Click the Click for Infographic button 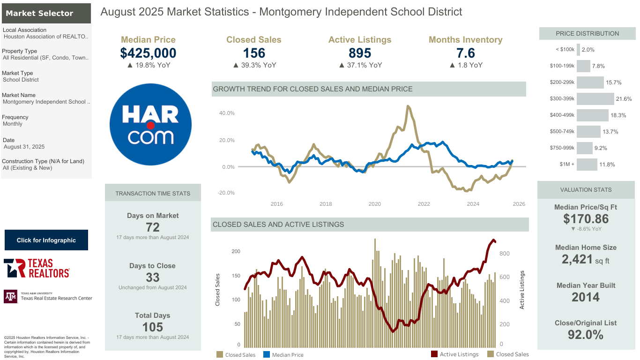click(x=46, y=240)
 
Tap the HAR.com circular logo click(x=150, y=124)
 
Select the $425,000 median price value click(x=148, y=53)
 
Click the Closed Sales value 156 click(x=254, y=53)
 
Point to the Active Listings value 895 click(x=360, y=53)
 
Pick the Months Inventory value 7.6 click(x=465, y=53)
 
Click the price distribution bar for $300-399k click(x=595, y=98)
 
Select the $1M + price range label click(x=567, y=164)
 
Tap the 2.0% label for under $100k click(x=588, y=50)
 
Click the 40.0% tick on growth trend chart click(x=227, y=113)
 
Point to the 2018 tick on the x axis click(x=326, y=204)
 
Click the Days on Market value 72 click(x=153, y=227)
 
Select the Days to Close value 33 click(x=153, y=277)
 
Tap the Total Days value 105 click(x=153, y=327)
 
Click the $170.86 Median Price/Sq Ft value click(x=586, y=219)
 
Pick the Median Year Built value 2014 click(x=586, y=297)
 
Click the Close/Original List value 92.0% click(x=586, y=335)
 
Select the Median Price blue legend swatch click(x=266, y=354)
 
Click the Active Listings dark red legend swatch click(x=434, y=354)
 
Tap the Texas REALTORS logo click(x=37, y=268)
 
